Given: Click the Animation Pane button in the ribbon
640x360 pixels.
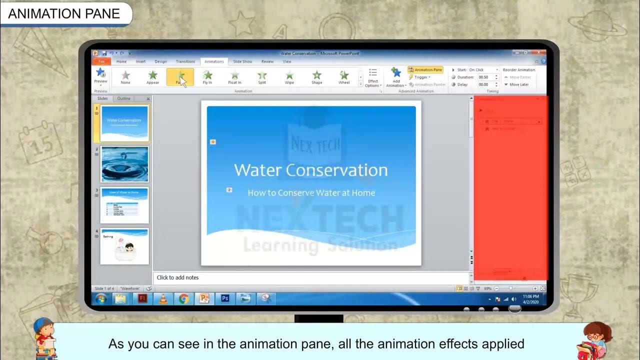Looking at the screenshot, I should click(425, 70).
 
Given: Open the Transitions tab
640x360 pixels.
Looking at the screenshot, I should click(185, 61).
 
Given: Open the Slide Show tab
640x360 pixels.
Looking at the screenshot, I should click(242, 61).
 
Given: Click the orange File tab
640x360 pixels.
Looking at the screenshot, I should click(101, 61).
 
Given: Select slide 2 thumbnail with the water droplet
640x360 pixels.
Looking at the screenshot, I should click(124, 164).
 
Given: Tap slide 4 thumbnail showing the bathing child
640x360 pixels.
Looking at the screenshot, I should click(124, 246).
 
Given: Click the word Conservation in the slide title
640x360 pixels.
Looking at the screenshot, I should click(336, 170).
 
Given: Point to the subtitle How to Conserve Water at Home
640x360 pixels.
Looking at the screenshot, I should click(311, 193).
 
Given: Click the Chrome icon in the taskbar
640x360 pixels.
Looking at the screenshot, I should click(183, 298).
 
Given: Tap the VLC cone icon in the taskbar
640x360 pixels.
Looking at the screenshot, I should click(162, 298).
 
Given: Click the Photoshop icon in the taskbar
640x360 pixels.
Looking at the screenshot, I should click(225, 298).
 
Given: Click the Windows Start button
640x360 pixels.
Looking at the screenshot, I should click(101, 298).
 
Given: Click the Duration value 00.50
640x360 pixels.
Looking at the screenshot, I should click(483, 77).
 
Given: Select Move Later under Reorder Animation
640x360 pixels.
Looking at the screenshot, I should click(519, 84).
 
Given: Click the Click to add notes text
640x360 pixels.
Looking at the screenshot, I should click(177, 277).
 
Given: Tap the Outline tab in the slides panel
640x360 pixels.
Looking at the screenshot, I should click(123, 98).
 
